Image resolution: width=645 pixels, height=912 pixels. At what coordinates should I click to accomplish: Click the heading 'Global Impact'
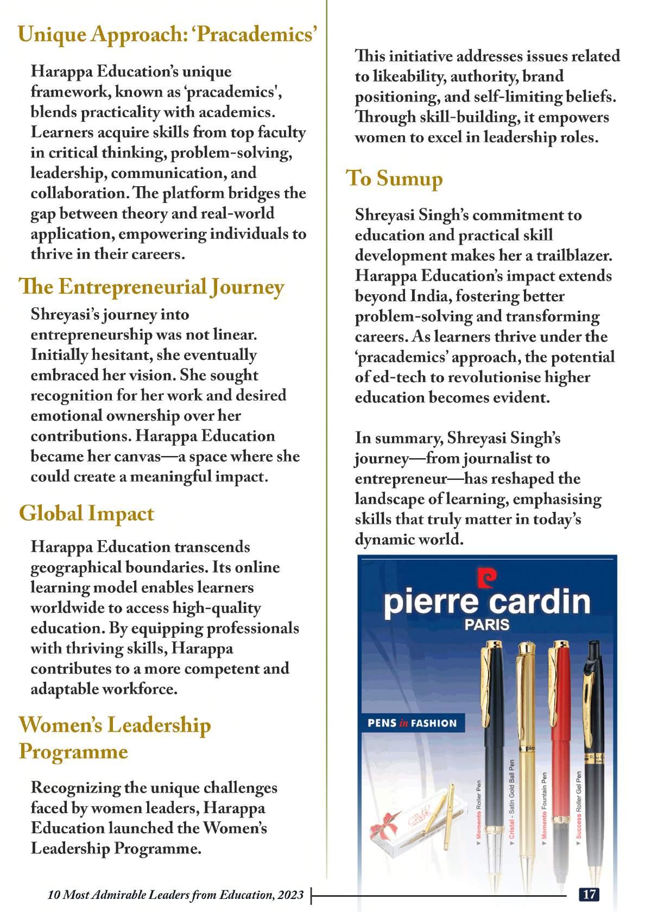point(86,514)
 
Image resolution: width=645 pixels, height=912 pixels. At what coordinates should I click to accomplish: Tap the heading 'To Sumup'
point(394,178)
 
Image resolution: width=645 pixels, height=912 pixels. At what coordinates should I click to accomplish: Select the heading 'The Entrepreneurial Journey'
point(151,287)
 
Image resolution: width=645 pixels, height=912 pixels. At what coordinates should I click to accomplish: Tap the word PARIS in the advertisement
point(486,625)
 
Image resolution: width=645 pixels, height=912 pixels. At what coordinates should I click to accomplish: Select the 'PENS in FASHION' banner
point(412,723)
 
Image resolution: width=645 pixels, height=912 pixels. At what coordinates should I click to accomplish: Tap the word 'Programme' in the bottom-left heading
point(73,752)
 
